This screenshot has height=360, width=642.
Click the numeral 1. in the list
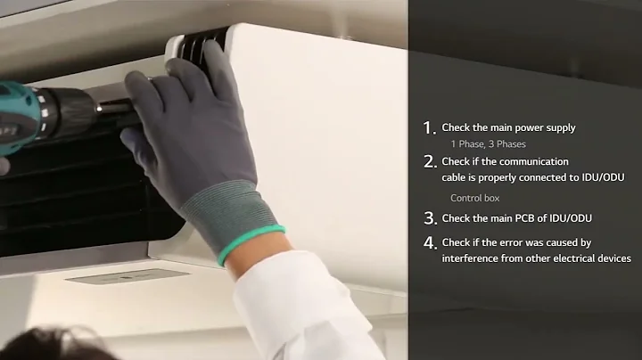[x=430, y=127]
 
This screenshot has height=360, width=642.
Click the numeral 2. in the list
[x=430, y=161]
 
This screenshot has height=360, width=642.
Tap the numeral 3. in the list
[x=430, y=217]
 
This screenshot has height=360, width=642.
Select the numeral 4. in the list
[x=430, y=242]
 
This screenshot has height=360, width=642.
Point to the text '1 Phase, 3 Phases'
[x=488, y=143]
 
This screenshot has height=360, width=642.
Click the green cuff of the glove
[x=251, y=245]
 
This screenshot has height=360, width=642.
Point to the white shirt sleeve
[x=303, y=312]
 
